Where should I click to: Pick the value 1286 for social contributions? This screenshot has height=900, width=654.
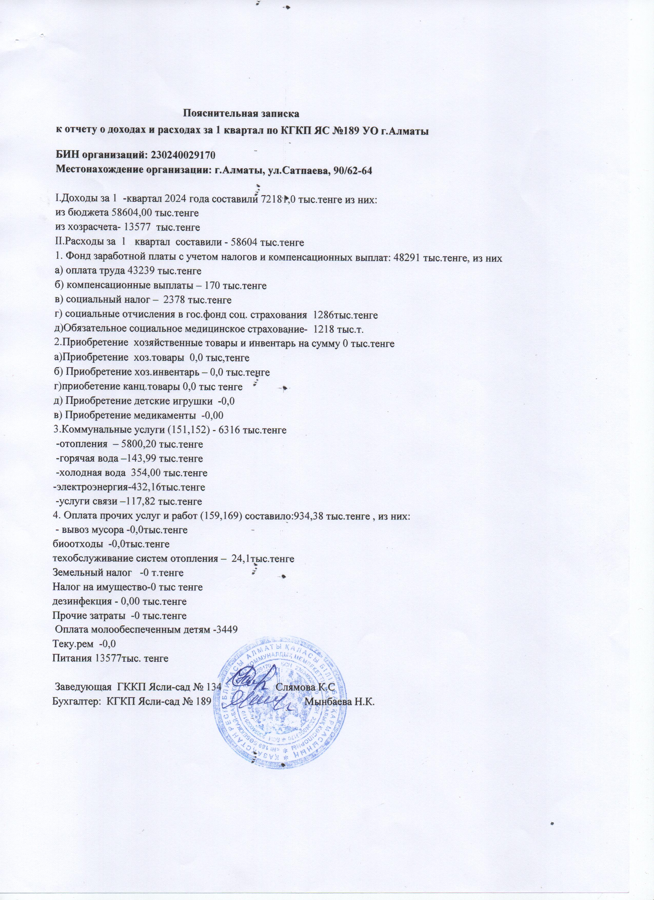pyautogui.click(x=323, y=315)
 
